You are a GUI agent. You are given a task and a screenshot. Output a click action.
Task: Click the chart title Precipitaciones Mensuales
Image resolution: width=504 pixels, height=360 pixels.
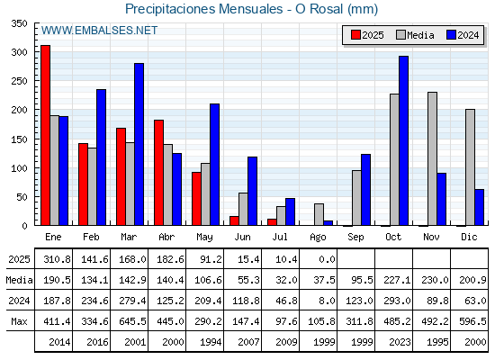pyautogui.click(x=203, y=9)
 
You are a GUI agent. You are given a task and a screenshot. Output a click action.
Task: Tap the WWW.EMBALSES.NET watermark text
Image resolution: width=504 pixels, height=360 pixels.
pyautogui.click(x=99, y=31)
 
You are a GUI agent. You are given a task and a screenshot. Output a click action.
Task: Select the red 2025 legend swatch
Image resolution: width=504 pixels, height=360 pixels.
pyautogui.click(x=355, y=35)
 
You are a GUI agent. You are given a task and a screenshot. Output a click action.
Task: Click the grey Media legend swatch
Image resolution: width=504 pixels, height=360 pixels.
pyautogui.click(x=401, y=35)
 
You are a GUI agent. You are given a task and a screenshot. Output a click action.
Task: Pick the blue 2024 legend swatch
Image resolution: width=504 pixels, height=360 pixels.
pyautogui.click(x=451, y=35)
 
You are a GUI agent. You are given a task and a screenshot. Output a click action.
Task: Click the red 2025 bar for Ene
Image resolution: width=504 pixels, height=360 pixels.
pyautogui.click(x=45, y=135)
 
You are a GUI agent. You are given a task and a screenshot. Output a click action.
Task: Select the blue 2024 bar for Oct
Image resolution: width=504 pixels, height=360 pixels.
pyautogui.click(x=404, y=140)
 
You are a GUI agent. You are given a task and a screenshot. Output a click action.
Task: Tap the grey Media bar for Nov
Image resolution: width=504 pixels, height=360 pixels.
pyautogui.click(x=432, y=158)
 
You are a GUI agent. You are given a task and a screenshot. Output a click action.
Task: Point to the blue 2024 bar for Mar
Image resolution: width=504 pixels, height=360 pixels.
pyautogui.click(x=139, y=144)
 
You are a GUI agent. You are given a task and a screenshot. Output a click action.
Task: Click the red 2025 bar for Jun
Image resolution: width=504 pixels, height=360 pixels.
pyautogui.click(x=234, y=220)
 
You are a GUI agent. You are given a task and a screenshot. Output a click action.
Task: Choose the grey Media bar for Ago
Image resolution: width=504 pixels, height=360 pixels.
pyautogui.click(x=319, y=214)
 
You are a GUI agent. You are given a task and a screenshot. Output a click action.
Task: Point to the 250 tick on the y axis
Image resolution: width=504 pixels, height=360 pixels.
pyautogui.click(x=19, y=81)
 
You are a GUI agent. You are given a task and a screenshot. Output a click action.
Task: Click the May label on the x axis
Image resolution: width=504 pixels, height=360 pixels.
pyautogui.click(x=204, y=238)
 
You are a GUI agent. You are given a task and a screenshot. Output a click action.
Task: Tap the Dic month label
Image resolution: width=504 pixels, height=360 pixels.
pyautogui.click(x=469, y=237)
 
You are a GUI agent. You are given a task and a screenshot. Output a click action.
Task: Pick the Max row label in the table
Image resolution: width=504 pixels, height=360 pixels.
pyautogui.click(x=19, y=321)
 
